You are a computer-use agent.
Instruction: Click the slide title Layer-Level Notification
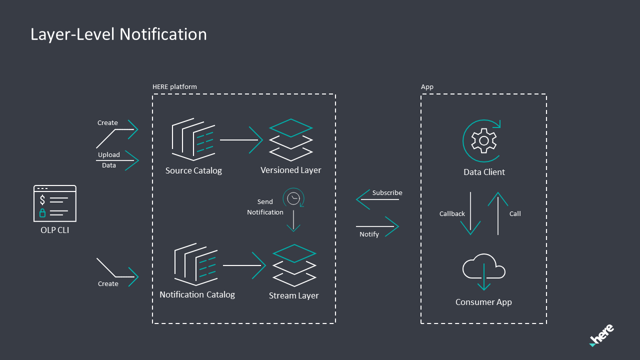tap(118, 34)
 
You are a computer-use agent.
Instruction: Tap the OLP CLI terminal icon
tap(55, 203)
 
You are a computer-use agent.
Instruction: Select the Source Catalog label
tap(193, 170)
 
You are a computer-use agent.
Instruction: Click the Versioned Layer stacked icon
tap(291, 139)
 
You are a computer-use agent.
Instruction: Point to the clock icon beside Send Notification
tap(293, 198)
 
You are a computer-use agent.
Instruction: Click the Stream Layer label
tap(293, 295)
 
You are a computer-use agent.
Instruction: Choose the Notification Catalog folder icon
tap(196, 264)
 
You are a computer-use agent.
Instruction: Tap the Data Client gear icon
tap(483, 140)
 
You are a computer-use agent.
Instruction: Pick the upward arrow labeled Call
tap(498, 213)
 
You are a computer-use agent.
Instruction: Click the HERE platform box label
tap(174, 86)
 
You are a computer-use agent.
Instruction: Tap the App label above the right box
tap(427, 86)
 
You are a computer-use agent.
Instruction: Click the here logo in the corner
tap(601, 335)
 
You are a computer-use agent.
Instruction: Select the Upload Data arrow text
tap(109, 160)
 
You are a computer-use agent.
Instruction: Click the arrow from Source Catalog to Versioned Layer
tap(241, 140)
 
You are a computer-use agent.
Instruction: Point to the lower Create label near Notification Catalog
tap(108, 283)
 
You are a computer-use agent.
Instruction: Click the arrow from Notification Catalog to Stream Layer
tap(244, 265)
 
